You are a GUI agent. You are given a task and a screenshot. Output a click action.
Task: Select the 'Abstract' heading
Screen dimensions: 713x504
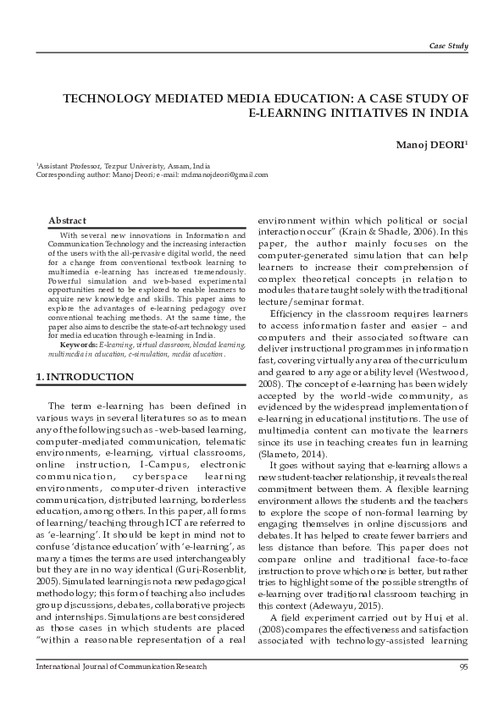[x=67, y=220]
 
